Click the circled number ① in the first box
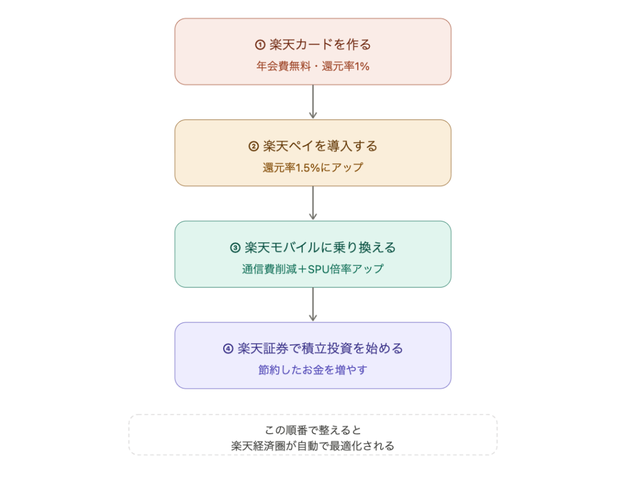coord(259,45)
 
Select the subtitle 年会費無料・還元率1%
coord(313,66)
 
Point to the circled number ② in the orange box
coord(254,146)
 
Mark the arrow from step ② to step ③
coord(313,203)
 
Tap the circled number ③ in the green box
coord(235,248)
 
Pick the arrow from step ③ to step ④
coord(313,305)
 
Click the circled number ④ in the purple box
coord(228,349)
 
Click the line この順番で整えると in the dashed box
coord(313,429)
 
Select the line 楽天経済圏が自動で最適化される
coord(313,446)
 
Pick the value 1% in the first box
coord(361,66)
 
